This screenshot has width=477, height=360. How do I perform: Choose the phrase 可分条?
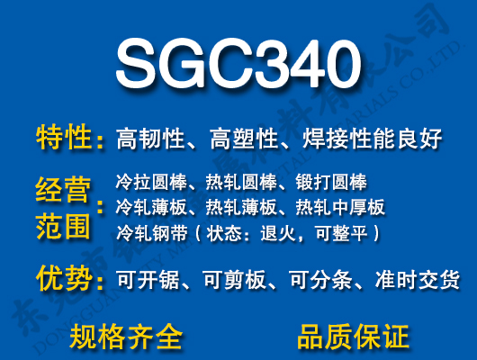(x=326, y=280)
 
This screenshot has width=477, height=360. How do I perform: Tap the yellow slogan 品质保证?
(x=353, y=337)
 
